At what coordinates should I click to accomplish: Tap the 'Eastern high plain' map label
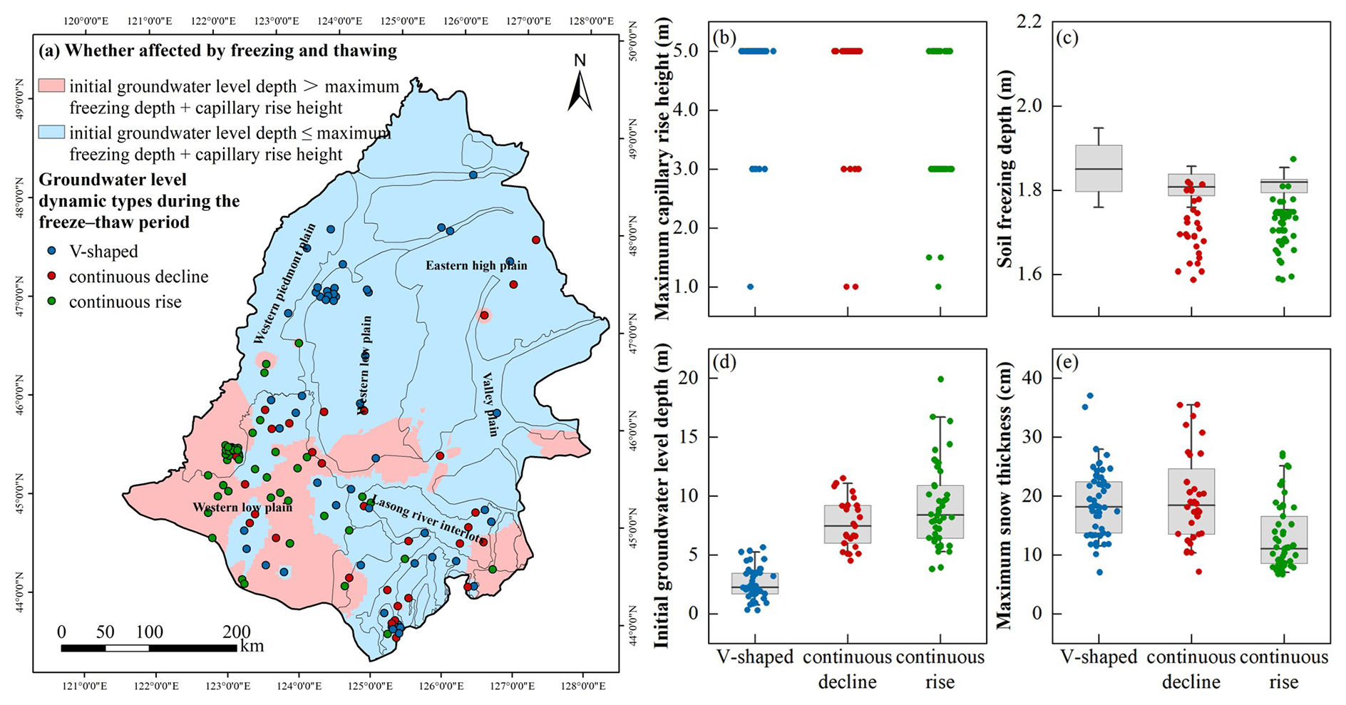(476, 266)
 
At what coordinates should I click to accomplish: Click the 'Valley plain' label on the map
(490, 403)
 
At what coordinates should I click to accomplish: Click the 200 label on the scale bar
(236, 632)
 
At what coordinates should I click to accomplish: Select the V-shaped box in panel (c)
(1099, 168)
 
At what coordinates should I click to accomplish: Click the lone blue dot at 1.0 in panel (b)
(750, 287)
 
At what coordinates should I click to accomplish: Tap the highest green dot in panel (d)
(941, 379)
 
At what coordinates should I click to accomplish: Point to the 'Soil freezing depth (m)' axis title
(1005, 169)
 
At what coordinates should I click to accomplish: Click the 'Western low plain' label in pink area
(242, 508)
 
